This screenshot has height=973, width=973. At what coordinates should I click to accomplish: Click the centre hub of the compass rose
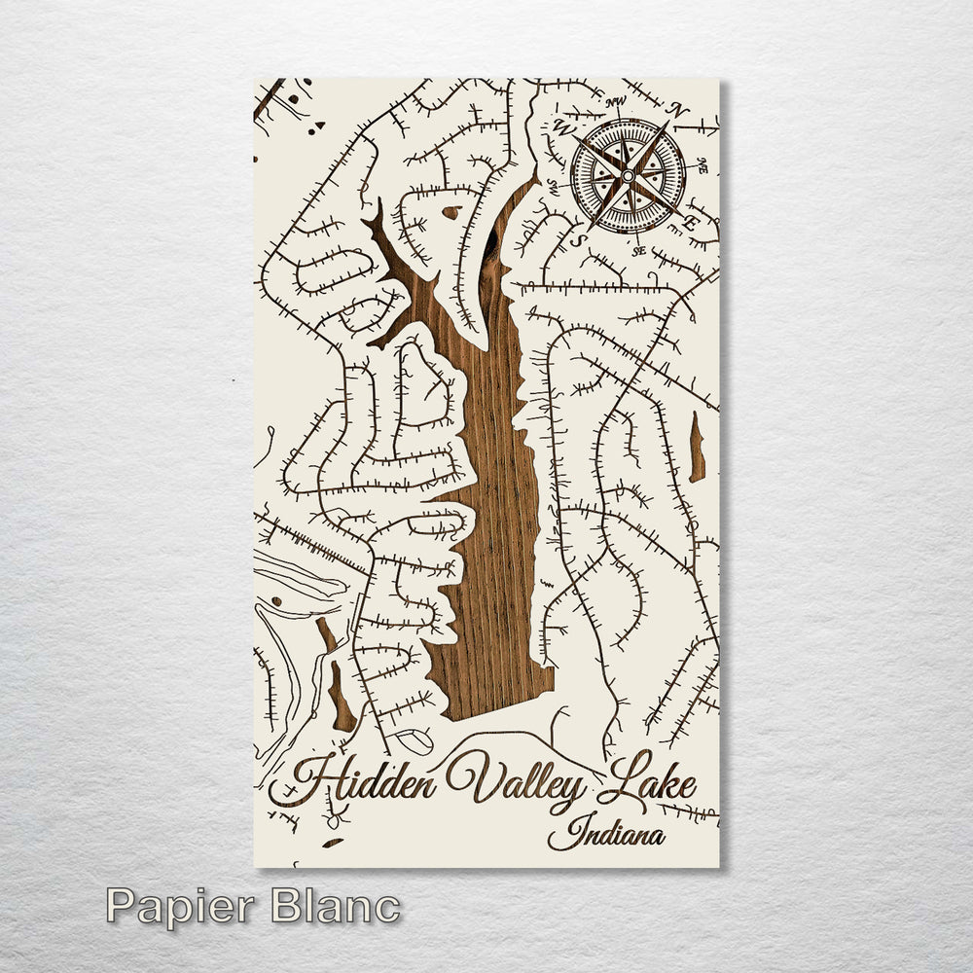tap(628, 175)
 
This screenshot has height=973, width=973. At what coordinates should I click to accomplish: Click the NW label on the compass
tap(614, 103)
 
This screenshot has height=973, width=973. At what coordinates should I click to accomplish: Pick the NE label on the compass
tap(701, 168)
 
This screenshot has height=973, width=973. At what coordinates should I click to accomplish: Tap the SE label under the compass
tap(639, 250)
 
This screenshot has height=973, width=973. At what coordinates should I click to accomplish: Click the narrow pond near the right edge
tap(697, 448)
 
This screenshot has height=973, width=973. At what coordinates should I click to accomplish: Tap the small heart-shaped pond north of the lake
tap(450, 212)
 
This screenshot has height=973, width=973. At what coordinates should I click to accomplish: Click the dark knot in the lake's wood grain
tap(487, 248)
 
